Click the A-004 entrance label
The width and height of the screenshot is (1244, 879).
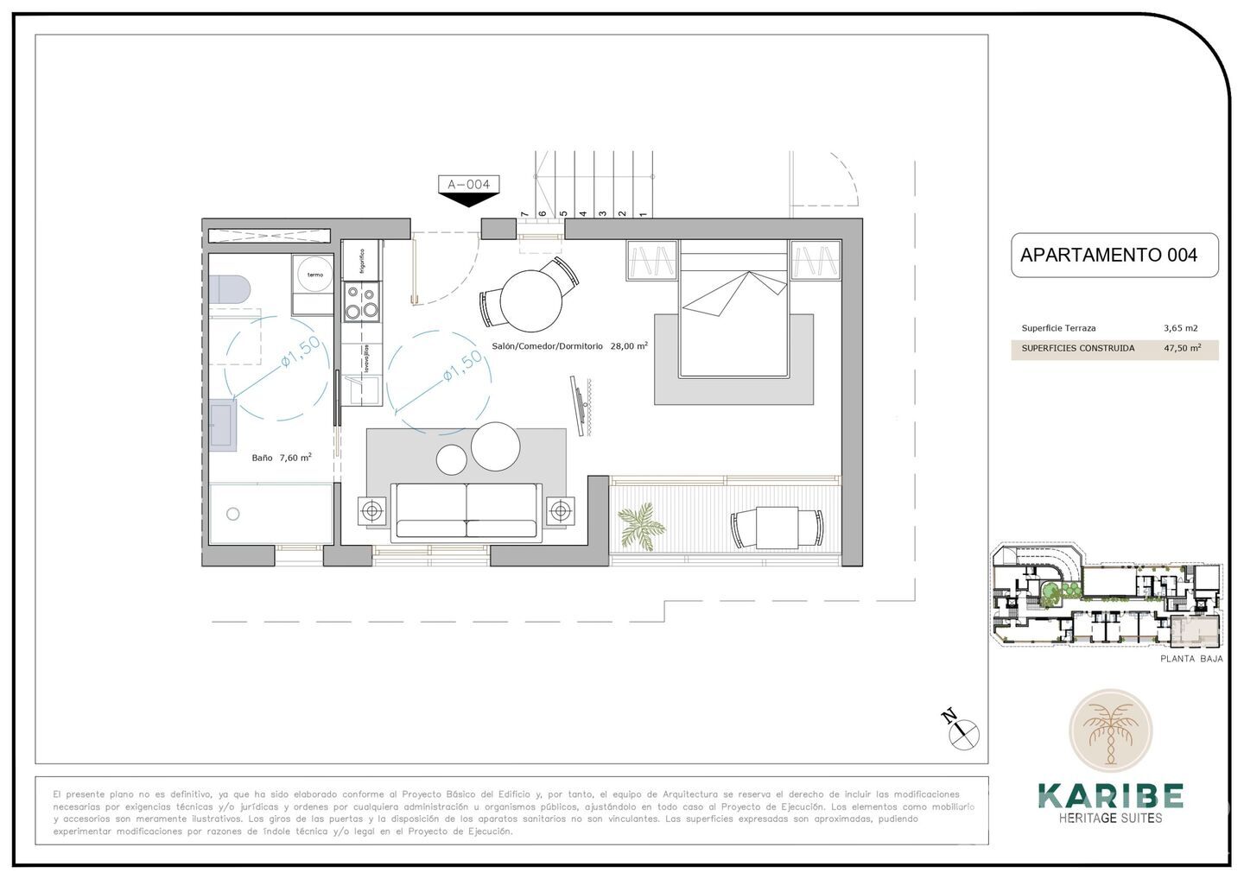pyautogui.click(x=468, y=184)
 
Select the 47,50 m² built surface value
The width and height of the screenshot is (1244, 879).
pyautogui.click(x=1182, y=349)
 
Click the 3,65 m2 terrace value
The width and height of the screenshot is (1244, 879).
pyautogui.click(x=1180, y=328)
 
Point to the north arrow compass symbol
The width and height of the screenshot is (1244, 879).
pyautogui.click(x=964, y=734)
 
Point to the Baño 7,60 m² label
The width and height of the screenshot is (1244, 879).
pyautogui.click(x=282, y=458)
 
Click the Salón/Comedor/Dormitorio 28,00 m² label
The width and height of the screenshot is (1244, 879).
pyautogui.click(x=569, y=345)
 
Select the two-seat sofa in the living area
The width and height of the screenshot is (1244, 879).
pyautogui.click(x=466, y=512)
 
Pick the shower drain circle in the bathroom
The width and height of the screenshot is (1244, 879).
pyautogui.click(x=232, y=515)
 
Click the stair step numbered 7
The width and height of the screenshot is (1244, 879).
pyautogui.click(x=524, y=213)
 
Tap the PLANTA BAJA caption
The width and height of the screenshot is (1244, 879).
pyautogui.click(x=1191, y=659)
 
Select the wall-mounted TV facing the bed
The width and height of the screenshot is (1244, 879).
pyautogui.click(x=581, y=405)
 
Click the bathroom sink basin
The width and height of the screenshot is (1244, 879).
pyautogui.click(x=223, y=425)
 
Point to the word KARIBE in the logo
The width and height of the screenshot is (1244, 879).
pyautogui.click(x=1110, y=795)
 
